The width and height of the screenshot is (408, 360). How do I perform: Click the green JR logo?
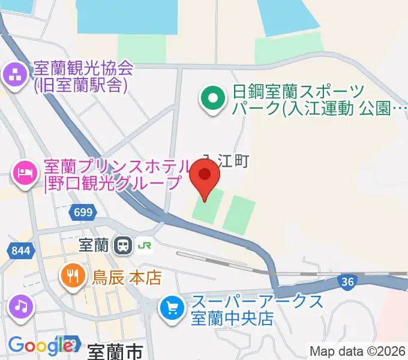[144, 245]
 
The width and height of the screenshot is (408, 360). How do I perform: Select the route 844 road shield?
[20, 250]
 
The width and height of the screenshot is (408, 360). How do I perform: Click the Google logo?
[40, 345]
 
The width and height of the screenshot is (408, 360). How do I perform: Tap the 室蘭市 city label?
[115, 352]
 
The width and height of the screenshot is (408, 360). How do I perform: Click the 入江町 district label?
[225, 160]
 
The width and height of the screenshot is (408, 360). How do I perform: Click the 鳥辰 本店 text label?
[127, 277]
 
